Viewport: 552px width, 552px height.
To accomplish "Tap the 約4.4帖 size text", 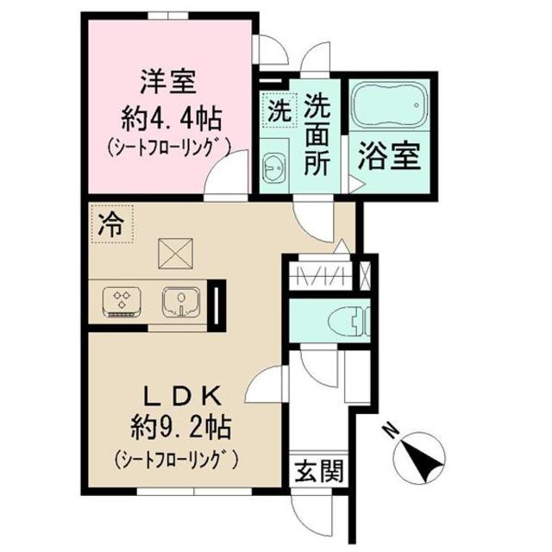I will [169, 116].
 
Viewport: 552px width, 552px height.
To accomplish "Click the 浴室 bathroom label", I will [390, 158].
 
